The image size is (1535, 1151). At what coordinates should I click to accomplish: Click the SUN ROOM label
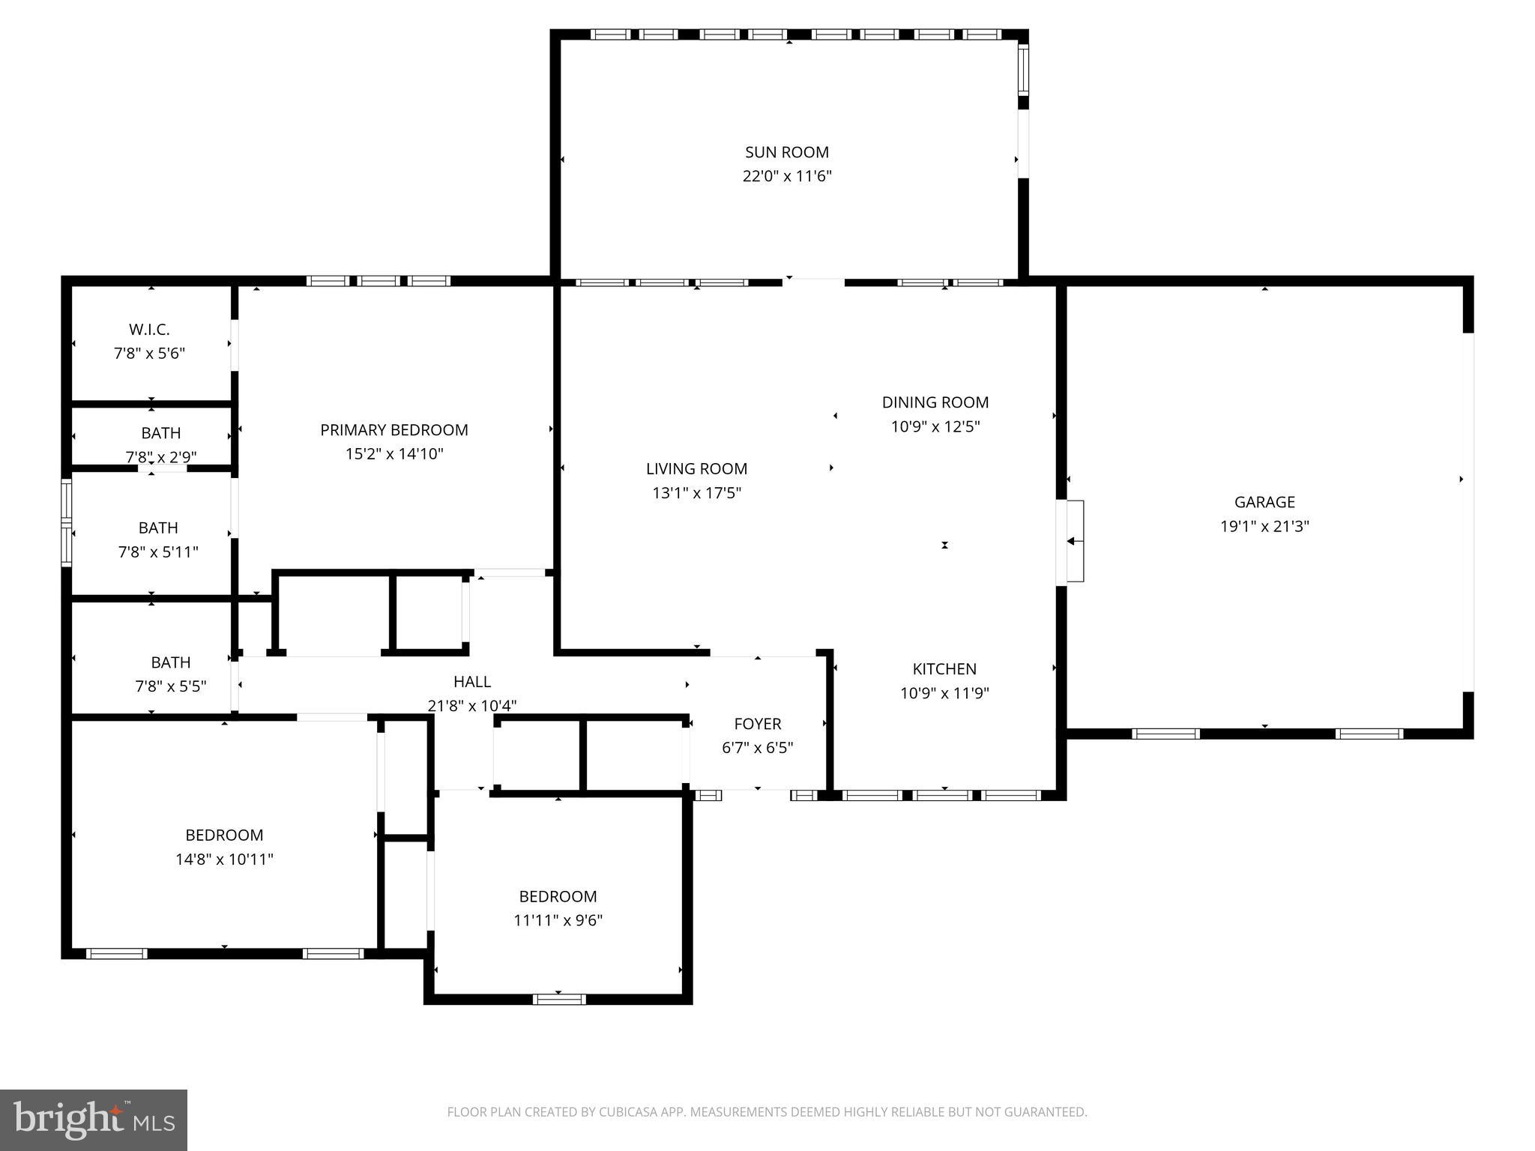(x=786, y=152)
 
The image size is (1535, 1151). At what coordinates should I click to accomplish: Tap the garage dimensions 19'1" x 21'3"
(x=1264, y=526)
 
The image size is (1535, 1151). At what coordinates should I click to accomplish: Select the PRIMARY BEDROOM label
(x=393, y=430)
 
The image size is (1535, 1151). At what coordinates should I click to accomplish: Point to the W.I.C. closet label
(x=149, y=330)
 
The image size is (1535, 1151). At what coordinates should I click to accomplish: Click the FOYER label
(x=757, y=724)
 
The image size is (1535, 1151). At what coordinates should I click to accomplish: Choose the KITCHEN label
(x=944, y=669)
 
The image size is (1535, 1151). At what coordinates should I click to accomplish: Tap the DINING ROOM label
(x=935, y=402)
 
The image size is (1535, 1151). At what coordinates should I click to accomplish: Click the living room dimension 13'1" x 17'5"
(x=696, y=493)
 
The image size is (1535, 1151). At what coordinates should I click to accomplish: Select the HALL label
(x=471, y=682)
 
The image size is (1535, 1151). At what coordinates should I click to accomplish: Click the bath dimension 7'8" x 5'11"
(x=158, y=552)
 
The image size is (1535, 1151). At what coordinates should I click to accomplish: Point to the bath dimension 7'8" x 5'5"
(x=170, y=686)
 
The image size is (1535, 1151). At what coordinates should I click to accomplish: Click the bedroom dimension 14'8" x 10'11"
(x=224, y=860)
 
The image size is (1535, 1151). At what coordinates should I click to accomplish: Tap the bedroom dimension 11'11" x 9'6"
(x=558, y=920)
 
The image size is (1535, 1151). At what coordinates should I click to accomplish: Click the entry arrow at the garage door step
(x=1075, y=541)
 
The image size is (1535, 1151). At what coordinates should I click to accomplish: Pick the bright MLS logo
(x=94, y=1120)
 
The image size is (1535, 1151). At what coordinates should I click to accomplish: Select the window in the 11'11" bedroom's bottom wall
(x=559, y=999)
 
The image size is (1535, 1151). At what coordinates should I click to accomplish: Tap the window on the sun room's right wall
(x=1023, y=69)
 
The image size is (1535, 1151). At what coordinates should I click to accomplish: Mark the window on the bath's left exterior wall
(x=67, y=522)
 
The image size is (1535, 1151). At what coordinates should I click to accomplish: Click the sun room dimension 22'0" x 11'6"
(x=786, y=177)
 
